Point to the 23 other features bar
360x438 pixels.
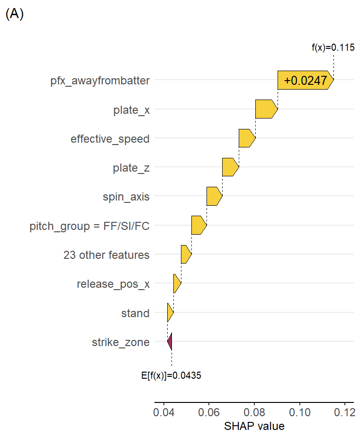186,255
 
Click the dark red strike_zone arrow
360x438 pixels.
170,342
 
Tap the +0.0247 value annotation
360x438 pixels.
305,81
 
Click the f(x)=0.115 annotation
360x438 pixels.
333,47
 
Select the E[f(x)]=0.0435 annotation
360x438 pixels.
171,375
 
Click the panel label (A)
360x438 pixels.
14,14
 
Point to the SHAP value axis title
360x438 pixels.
254,426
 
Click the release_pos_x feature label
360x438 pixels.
113,284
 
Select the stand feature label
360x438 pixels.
135,313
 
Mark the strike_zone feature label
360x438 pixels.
121,342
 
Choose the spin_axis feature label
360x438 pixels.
126,197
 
